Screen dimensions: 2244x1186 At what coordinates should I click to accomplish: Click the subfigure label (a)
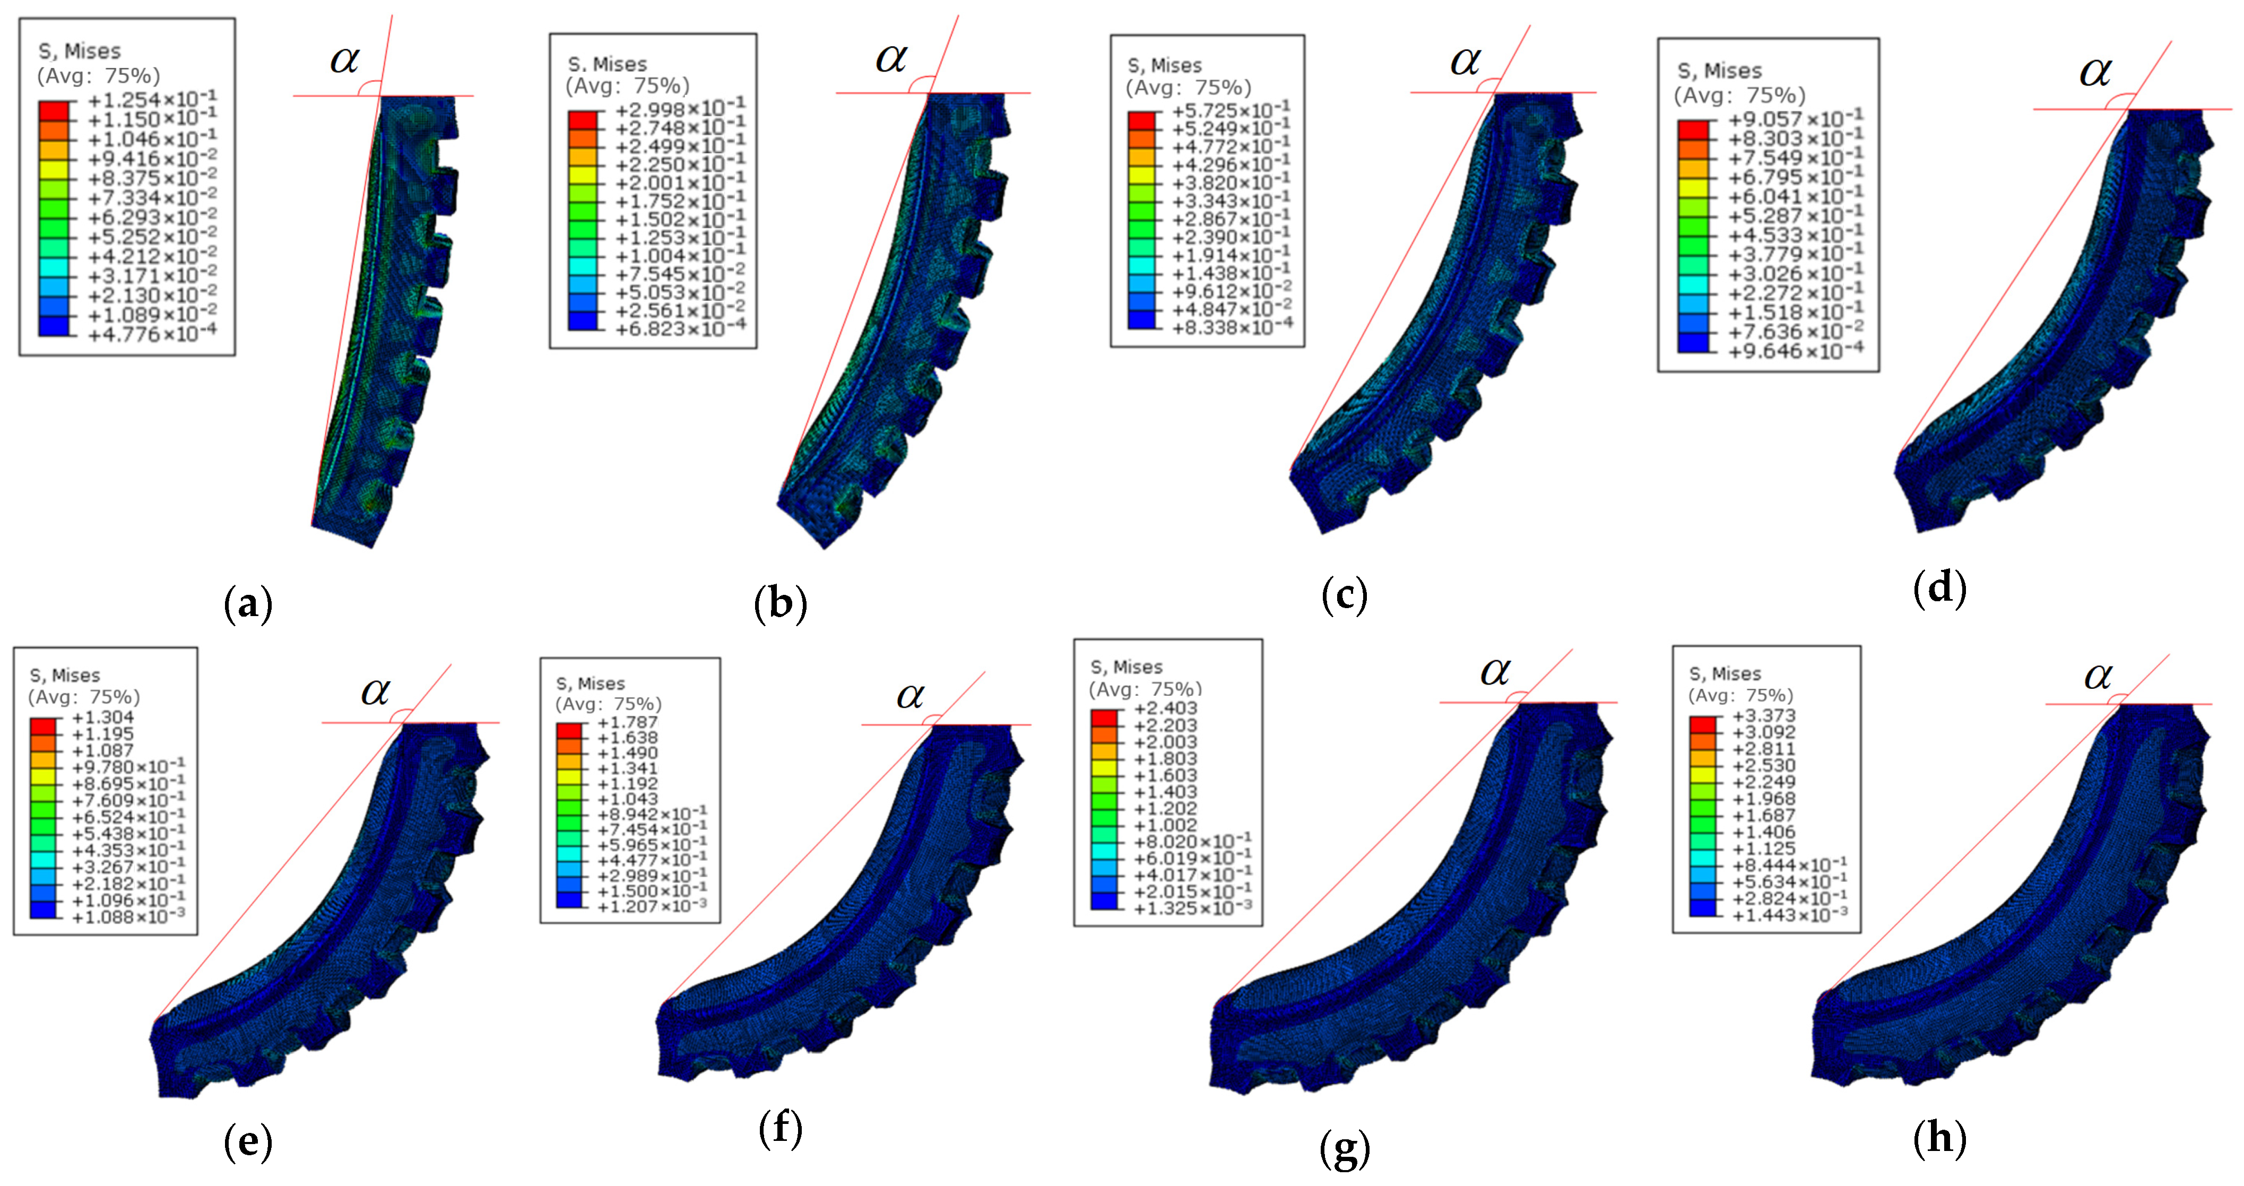[248, 603]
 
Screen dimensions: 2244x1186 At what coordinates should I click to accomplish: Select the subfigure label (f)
[779, 1129]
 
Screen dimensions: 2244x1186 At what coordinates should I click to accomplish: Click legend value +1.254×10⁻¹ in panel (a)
[152, 99]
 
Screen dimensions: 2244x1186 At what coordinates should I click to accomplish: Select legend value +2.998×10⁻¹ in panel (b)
[680, 109]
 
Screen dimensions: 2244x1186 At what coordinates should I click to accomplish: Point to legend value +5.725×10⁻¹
[1231, 111]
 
